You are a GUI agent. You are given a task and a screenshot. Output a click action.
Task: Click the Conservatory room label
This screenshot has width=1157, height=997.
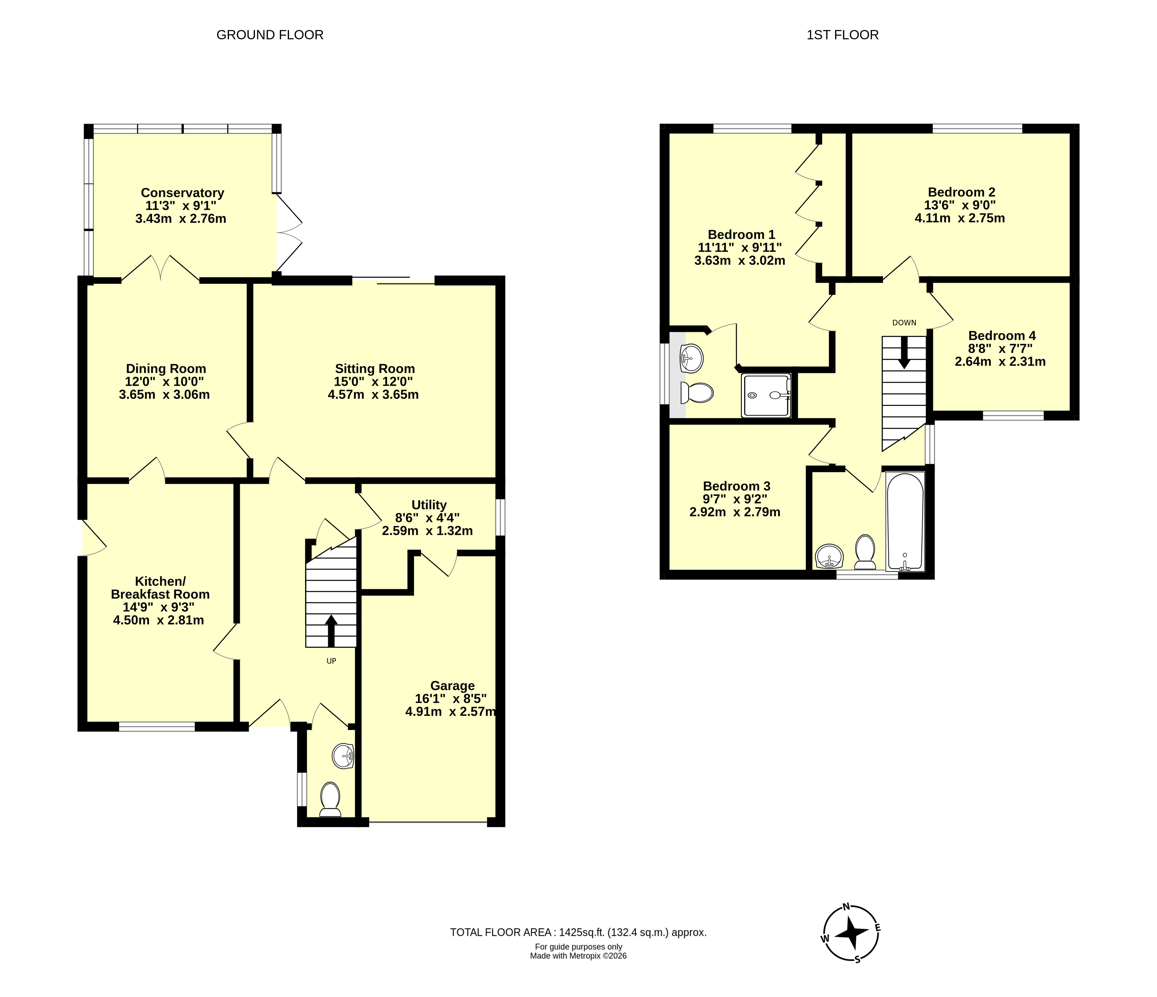click(x=182, y=193)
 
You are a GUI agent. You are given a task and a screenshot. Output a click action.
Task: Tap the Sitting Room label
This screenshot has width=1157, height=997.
click(x=375, y=369)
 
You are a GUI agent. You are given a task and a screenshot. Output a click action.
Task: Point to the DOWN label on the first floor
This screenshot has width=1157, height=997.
click(x=904, y=322)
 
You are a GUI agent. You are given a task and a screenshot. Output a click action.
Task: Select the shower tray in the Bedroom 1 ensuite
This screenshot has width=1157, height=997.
click(x=766, y=395)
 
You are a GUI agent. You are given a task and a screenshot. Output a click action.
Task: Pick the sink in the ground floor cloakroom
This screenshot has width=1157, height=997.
click(x=343, y=757)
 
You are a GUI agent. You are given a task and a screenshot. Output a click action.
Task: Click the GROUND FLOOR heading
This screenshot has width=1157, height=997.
click(x=270, y=35)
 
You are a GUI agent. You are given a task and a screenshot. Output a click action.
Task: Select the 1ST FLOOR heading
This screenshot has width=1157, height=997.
click(x=843, y=35)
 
